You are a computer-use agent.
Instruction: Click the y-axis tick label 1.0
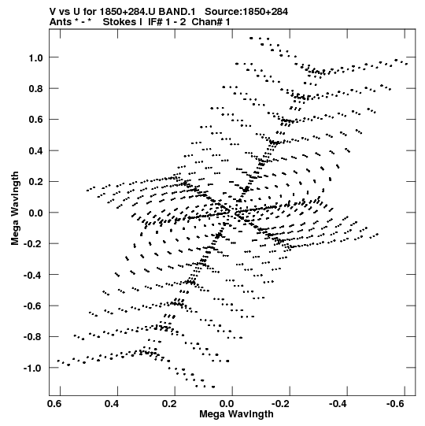click(36, 57)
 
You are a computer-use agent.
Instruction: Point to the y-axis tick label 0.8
click(36, 88)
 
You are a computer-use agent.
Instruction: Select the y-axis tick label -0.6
click(33, 306)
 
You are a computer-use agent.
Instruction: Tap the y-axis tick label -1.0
click(33, 369)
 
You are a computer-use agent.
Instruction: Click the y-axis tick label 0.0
click(36, 213)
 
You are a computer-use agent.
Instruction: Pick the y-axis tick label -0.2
click(33, 243)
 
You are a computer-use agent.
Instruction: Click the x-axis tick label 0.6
click(54, 404)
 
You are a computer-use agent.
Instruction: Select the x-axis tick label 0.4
click(112, 404)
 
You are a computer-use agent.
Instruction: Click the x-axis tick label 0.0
click(227, 404)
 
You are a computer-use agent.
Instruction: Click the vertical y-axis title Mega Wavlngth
click(15, 209)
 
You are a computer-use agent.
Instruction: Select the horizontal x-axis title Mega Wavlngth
click(236, 414)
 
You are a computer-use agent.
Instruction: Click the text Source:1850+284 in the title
click(246, 12)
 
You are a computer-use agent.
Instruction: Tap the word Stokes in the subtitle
click(123, 22)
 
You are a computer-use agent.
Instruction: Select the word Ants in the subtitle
click(61, 22)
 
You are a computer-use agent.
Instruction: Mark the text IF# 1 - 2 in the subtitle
click(167, 22)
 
